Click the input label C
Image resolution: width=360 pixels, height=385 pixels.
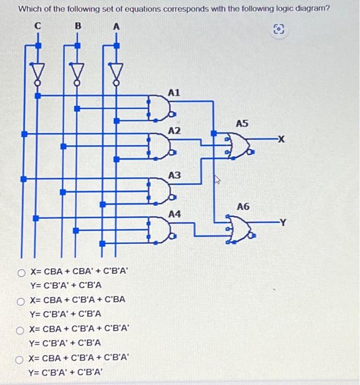click(38, 25)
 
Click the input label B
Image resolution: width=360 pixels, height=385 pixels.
click(77, 25)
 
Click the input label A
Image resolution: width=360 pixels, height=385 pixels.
click(117, 25)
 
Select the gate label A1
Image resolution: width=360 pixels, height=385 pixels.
click(174, 94)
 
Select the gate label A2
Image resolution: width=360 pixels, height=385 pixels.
click(174, 131)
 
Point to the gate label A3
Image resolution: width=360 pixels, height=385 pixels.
click(174, 175)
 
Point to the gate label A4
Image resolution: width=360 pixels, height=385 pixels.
click(174, 213)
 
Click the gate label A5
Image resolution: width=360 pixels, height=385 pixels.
click(243, 124)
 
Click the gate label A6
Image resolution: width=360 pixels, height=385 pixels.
click(243, 206)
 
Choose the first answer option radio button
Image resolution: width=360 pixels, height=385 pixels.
click(21, 272)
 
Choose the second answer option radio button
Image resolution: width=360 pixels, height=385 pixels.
click(21, 300)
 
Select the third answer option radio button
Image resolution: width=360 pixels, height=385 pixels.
click(21, 329)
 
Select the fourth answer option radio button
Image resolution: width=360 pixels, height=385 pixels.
click(21, 358)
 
